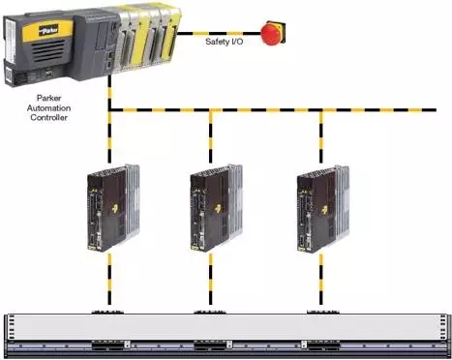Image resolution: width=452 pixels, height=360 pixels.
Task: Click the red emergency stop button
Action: (273, 33)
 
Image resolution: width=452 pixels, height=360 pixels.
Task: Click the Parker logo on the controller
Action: (48, 30)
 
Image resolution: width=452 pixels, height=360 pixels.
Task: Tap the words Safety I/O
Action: (225, 42)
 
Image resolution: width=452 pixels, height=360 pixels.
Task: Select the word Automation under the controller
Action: (48, 107)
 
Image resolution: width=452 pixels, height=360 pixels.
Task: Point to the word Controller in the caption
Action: (48, 117)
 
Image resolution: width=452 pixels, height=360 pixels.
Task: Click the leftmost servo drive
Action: (113, 208)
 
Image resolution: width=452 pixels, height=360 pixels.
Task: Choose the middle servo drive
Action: (216, 208)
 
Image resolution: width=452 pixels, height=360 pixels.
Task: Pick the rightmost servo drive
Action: (322, 208)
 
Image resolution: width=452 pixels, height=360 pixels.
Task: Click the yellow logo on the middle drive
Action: (219, 209)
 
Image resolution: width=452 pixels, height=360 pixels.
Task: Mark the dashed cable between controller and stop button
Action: (219, 33)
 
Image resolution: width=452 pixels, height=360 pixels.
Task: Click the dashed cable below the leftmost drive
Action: (109, 279)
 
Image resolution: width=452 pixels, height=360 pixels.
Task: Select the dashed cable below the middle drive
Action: (211, 279)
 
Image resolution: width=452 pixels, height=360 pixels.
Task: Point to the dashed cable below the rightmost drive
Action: (321, 279)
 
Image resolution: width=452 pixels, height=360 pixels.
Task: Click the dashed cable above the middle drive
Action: (211, 136)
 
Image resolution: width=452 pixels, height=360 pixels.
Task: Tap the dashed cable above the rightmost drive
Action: (321, 136)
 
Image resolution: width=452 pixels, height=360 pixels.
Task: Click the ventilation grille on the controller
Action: (45, 50)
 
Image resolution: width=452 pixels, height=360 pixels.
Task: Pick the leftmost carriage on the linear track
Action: (108, 345)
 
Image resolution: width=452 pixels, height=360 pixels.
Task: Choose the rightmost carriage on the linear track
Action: (323, 345)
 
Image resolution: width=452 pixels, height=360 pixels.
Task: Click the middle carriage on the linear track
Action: (210, 345)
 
